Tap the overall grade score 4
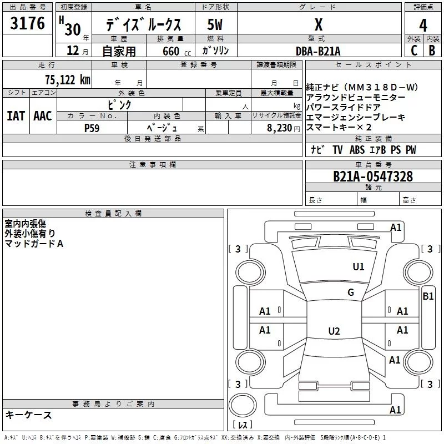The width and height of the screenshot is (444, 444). [423, 26]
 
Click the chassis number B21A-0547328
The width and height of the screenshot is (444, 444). [373, 176]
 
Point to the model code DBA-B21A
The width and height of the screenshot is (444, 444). [318, 51]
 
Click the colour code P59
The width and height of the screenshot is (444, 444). [92, 128]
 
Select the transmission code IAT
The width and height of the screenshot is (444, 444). [16, 116]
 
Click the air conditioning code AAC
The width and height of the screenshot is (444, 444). [43, 116]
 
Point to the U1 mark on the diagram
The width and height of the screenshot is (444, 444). [359, 266]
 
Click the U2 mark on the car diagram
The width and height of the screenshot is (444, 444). [334, 331]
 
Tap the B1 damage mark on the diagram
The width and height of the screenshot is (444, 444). [428, 296]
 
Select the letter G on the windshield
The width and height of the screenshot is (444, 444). [350, 292]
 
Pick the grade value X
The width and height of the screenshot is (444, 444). [318, 25]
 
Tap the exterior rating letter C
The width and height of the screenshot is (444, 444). [413, 51]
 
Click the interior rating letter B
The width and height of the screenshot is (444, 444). [432, 51]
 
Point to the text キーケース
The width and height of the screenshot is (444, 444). [29, 415]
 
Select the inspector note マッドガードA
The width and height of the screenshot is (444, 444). [34, 244]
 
